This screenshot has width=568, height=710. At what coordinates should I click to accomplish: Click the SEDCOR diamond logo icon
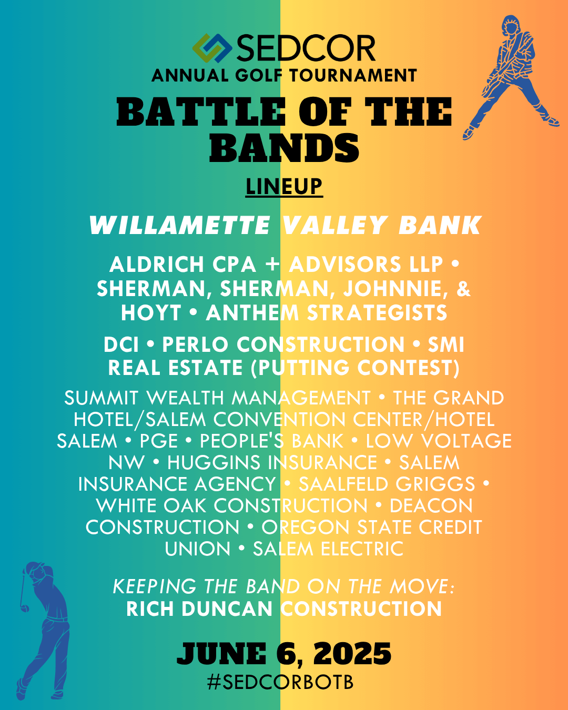(212, 48)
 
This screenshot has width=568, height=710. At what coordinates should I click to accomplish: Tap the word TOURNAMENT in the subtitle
(353, 75)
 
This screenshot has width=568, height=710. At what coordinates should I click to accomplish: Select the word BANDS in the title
(284, 148)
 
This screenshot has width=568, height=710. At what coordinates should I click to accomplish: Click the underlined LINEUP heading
(284, 187)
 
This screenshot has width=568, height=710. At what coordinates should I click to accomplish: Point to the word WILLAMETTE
(180, 226)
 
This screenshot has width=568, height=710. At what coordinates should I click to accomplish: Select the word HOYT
(151, 313)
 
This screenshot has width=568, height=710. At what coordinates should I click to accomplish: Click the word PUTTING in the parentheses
(300, 368)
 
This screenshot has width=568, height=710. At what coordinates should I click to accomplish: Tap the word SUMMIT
(102, 398)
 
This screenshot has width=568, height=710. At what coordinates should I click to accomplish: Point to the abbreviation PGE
(159, 441)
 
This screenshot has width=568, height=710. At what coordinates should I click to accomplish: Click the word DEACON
(431, 506)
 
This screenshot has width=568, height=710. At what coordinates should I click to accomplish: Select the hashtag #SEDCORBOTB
(280, 682)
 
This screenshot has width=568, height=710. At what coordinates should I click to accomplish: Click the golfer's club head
(24, 608)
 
